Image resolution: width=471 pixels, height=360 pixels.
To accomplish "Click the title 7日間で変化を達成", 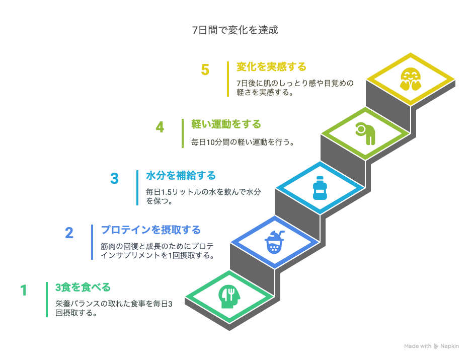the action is coord(235,30).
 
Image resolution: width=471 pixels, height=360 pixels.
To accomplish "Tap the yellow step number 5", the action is coord(205,69).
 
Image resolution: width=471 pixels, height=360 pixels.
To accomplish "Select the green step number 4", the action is coord(160,127).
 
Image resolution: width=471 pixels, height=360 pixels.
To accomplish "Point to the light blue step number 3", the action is coord(114,179).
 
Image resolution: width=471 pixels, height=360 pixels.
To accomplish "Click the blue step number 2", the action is coord(69,233).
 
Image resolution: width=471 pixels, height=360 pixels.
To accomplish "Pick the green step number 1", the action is coord(24,291).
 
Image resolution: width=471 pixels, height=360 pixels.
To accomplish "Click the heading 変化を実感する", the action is coord(271,66).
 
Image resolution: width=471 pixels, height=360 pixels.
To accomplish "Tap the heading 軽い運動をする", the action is coord(226,124).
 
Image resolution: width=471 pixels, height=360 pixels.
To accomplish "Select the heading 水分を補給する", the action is coord(181,176).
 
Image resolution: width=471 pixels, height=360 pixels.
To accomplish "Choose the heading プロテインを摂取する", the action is coord(151,230).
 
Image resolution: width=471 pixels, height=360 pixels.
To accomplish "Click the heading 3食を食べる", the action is coord(83,287).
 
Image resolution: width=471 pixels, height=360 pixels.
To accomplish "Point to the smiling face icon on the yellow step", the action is coord(411,80).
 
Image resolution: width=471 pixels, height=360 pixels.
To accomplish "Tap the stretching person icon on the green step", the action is coord(365,133).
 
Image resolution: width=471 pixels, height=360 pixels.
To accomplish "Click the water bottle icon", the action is coord(320,188).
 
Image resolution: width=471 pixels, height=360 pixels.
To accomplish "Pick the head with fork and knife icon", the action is coord(229,296).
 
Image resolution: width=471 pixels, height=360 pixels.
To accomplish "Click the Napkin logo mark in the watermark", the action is coord(436,346).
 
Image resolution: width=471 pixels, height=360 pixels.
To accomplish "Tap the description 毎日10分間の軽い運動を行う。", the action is coord(243,142).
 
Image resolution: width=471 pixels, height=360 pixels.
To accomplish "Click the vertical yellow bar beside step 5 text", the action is coord(228,79).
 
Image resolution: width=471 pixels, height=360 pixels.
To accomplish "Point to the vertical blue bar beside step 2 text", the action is coord(92,242).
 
